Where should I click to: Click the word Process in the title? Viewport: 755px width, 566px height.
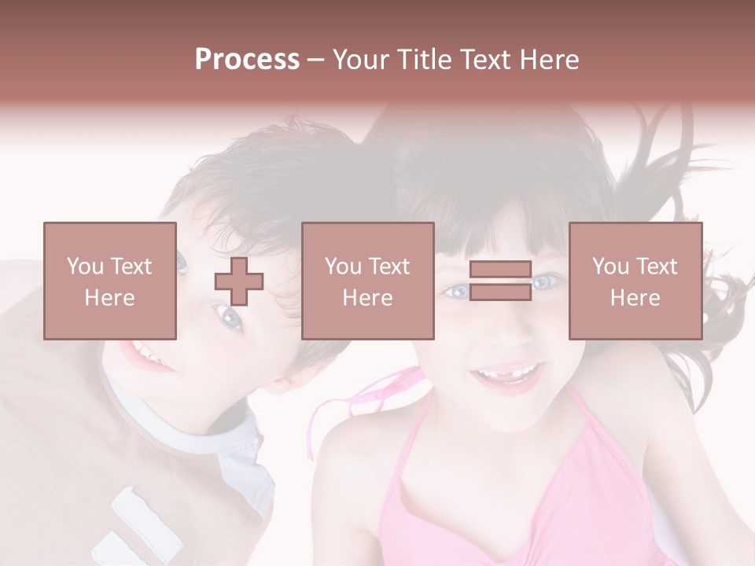tap(247, 60)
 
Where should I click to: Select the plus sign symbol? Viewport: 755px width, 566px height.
tap(239, 281)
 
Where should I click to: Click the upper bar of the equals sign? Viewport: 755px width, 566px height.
tap(500, 269)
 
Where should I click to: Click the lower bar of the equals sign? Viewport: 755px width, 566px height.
tap(500, 292)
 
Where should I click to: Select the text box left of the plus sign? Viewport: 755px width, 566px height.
tap(110, 281)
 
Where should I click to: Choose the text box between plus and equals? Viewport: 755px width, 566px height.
tap(367, 281)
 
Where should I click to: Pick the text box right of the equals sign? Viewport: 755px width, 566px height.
tap(635, 281)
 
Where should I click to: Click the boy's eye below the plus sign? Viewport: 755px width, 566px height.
tap(230, 317)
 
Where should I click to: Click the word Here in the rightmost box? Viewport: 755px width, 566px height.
tap(635, 298)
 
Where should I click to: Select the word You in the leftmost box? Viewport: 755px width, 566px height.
tap(85, 266)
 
